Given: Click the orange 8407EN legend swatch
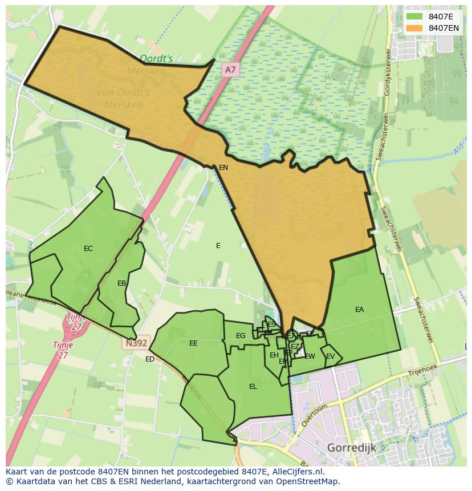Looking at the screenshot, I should [x=414, y=28].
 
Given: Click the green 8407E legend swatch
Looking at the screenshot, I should [x=414, y=17].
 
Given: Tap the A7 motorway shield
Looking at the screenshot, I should [x=230, y=70].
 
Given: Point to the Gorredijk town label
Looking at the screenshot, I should [x=351, y=448].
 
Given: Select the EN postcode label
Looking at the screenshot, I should [x=223, y=168].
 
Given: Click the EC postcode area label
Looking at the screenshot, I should [x=88, y=249].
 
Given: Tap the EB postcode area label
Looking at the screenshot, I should [x=121, y=283].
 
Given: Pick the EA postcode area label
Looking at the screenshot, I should [x=359, y=310].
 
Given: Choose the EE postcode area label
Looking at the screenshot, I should [x=193, y=343].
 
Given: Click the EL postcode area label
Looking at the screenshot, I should [x=253, y=387].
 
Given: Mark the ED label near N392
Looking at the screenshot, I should [x=150, y=359].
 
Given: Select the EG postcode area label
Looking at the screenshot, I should [x=241, y=336].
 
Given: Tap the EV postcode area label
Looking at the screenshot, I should [x=330, y=356].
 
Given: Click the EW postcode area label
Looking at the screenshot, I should [x=310, y=356].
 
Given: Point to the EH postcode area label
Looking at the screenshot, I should [x=274, y=355].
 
